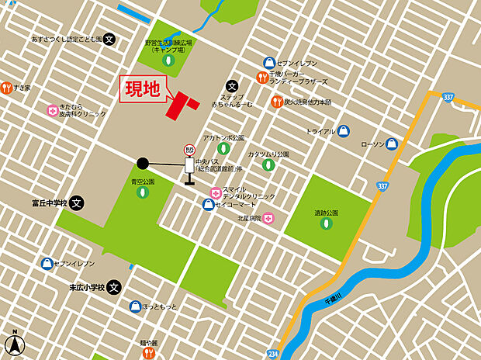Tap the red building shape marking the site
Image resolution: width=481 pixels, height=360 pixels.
point(180,106)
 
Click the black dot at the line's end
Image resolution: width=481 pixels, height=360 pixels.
point(143,163)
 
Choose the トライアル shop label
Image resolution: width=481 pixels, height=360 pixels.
point(320,132)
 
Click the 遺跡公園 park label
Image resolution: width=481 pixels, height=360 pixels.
point(326,212)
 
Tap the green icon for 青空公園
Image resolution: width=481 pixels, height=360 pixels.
point(143,192)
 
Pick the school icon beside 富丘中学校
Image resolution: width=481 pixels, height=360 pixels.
point(76,204)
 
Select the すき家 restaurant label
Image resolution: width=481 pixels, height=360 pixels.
point(21,88)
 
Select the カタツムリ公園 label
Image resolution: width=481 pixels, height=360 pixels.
point(268,154)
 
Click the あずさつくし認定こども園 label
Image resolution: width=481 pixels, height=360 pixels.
point(67,38)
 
